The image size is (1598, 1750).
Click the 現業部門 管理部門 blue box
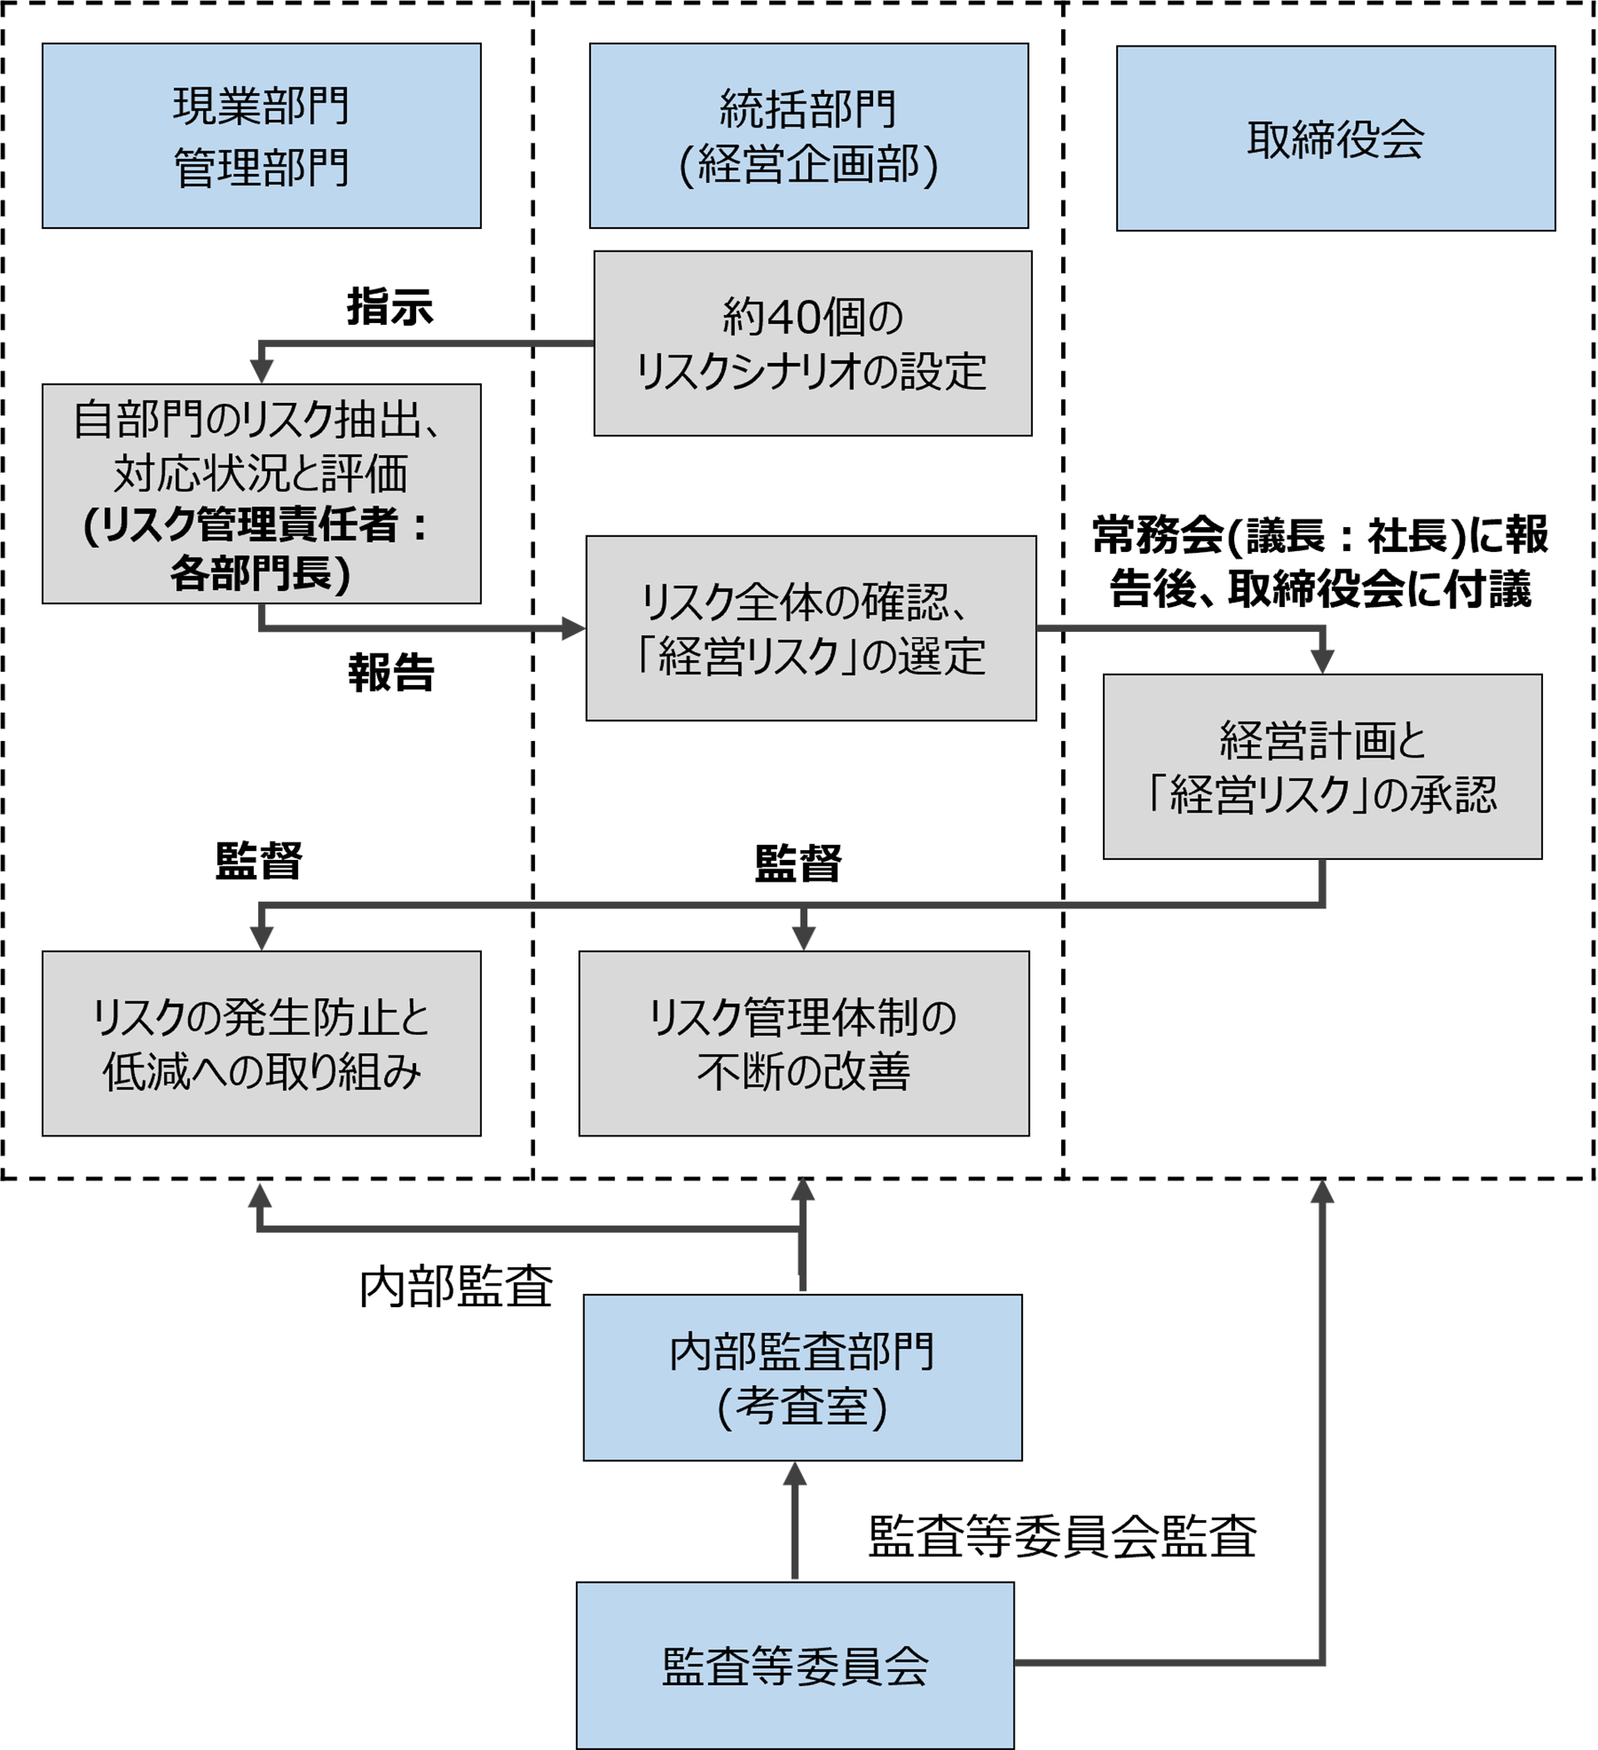261,136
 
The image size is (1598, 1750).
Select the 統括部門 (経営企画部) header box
808,136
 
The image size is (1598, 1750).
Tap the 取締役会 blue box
1335,138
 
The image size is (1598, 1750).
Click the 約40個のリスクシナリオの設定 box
812,343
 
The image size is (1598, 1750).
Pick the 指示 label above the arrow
390,306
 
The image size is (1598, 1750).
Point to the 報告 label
391,672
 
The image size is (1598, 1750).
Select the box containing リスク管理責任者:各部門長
261,493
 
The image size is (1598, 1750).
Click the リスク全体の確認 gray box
811,628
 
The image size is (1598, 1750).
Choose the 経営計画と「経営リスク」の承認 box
1322,767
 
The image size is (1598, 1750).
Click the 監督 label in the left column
259,861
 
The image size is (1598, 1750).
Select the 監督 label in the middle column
797,863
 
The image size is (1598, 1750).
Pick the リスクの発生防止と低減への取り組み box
261,1042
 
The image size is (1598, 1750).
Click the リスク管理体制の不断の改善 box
804,1042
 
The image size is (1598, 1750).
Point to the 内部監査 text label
456,1286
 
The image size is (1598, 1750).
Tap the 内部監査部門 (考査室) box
802,1378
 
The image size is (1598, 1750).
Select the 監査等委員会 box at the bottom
795,1665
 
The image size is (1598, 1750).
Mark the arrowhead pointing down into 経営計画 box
1322,662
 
